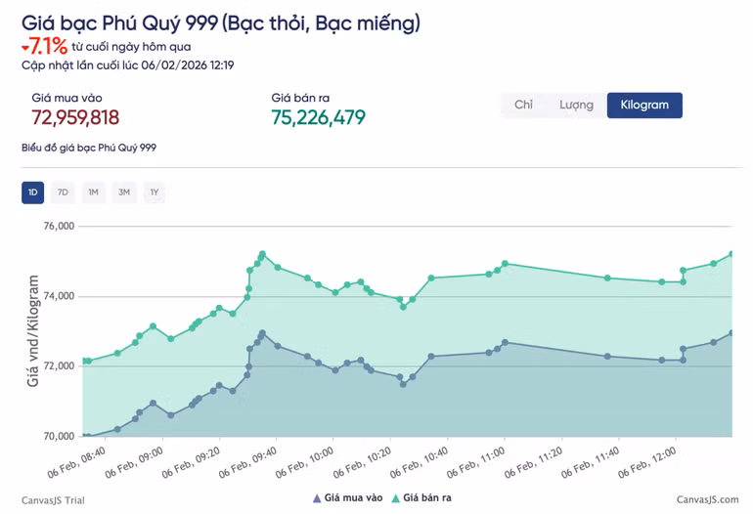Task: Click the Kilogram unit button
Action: [643, 106]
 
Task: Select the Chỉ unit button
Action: [523, 106]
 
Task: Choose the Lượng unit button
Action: [576, 106]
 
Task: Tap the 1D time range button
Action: [32, 193]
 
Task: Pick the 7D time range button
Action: [63, 193]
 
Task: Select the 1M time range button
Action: [93, 193]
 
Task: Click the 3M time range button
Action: [124, 193]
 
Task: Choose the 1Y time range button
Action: [155, 193]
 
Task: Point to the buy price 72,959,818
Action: [75, 118]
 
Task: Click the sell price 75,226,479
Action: [318, 118]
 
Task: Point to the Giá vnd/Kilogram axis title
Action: [33, 331]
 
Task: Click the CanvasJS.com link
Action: [708, 500]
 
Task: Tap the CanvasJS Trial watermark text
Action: [53, 500]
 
